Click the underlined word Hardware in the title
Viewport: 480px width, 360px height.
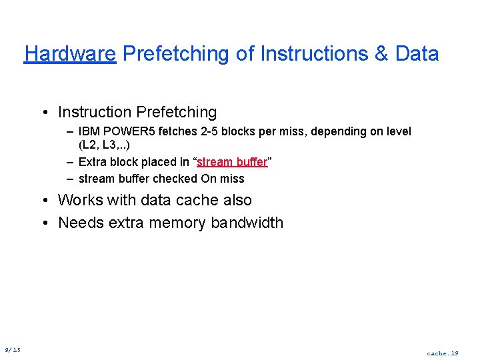coord(70,53)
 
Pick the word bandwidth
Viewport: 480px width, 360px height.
coord(247,223)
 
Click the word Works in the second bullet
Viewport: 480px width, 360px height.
coord(81,200)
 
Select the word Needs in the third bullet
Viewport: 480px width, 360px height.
coord(81,223)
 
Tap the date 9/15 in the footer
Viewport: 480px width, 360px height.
coord(12,350)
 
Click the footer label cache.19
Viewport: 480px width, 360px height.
coord(443,353)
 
